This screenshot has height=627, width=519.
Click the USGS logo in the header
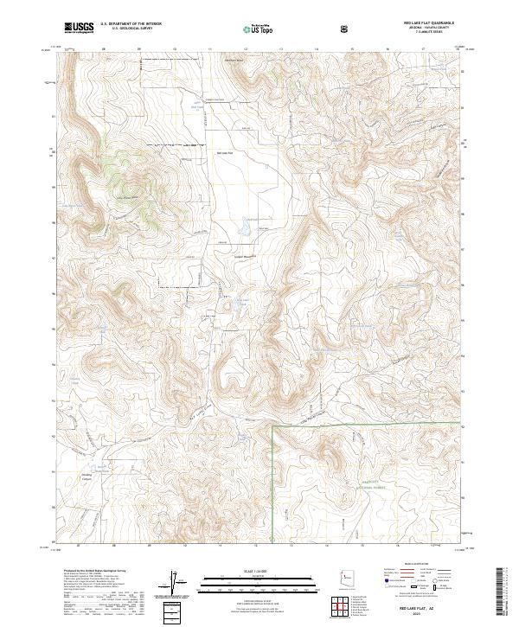[79, 28]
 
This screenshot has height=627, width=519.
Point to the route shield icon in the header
[346, 29]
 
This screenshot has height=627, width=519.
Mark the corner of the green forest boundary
[273, 426]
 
